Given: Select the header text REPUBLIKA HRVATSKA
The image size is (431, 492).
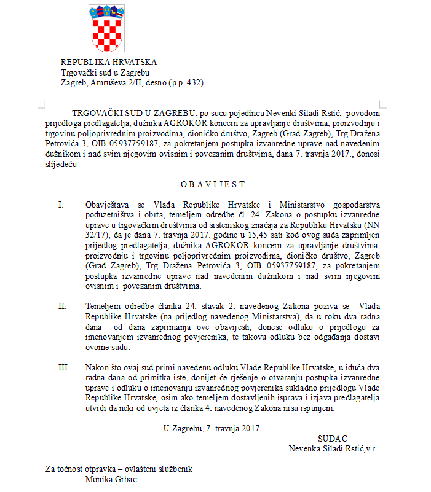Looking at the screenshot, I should [x=108, y=62].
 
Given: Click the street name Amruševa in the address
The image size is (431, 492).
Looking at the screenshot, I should [x=112, y=82].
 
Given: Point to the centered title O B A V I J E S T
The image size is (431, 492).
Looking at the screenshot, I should [x=212, y=184].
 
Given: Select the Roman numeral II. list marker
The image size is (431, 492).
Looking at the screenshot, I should [x=62, y=305].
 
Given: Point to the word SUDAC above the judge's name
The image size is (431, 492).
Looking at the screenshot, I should [x=333, y=439].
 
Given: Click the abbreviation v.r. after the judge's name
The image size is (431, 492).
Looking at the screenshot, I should [x=371, y=449].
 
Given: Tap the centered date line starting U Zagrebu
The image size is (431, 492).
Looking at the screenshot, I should [x=212, y=428].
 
